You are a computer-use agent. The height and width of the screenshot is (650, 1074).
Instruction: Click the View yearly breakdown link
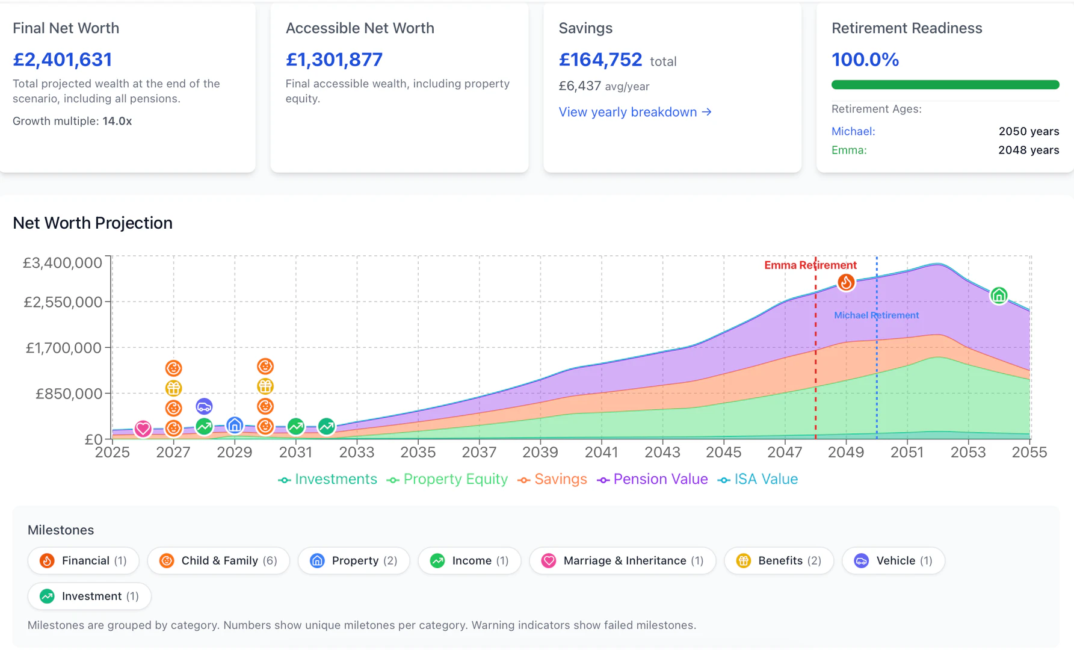coord(635,112)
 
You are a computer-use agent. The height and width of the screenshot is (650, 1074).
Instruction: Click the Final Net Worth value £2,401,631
coord(63,60)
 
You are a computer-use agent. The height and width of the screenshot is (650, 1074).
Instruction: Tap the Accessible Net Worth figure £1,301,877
coord(334,60)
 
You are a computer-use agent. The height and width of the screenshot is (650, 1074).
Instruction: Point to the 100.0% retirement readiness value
coord(865,60)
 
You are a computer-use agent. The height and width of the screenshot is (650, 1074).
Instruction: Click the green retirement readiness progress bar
coord(945,85)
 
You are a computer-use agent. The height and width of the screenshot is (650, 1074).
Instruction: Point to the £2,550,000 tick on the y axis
coord(63,302)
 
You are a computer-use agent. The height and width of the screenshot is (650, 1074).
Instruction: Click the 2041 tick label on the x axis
coord(601,452)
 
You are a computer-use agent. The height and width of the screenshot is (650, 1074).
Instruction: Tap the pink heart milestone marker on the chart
coord(143,429)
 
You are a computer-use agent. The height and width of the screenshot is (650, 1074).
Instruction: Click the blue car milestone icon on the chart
coord(204,406)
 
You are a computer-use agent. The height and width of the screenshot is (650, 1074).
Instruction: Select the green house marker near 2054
coord(999,296)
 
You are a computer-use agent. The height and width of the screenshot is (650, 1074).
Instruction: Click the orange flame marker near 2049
coord(846,282)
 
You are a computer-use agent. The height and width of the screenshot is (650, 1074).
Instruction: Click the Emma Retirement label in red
coord(810,265)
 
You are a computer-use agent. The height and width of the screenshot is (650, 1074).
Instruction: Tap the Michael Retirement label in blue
coord(876,315)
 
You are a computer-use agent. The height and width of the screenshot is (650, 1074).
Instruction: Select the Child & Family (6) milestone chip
coord(218,560)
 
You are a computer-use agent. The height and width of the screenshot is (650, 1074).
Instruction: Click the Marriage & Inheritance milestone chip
coord(622,560)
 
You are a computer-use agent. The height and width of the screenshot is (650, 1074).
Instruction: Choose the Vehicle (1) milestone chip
coord(893,560)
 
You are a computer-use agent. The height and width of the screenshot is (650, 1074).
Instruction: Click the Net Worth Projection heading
coord(93,223)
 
